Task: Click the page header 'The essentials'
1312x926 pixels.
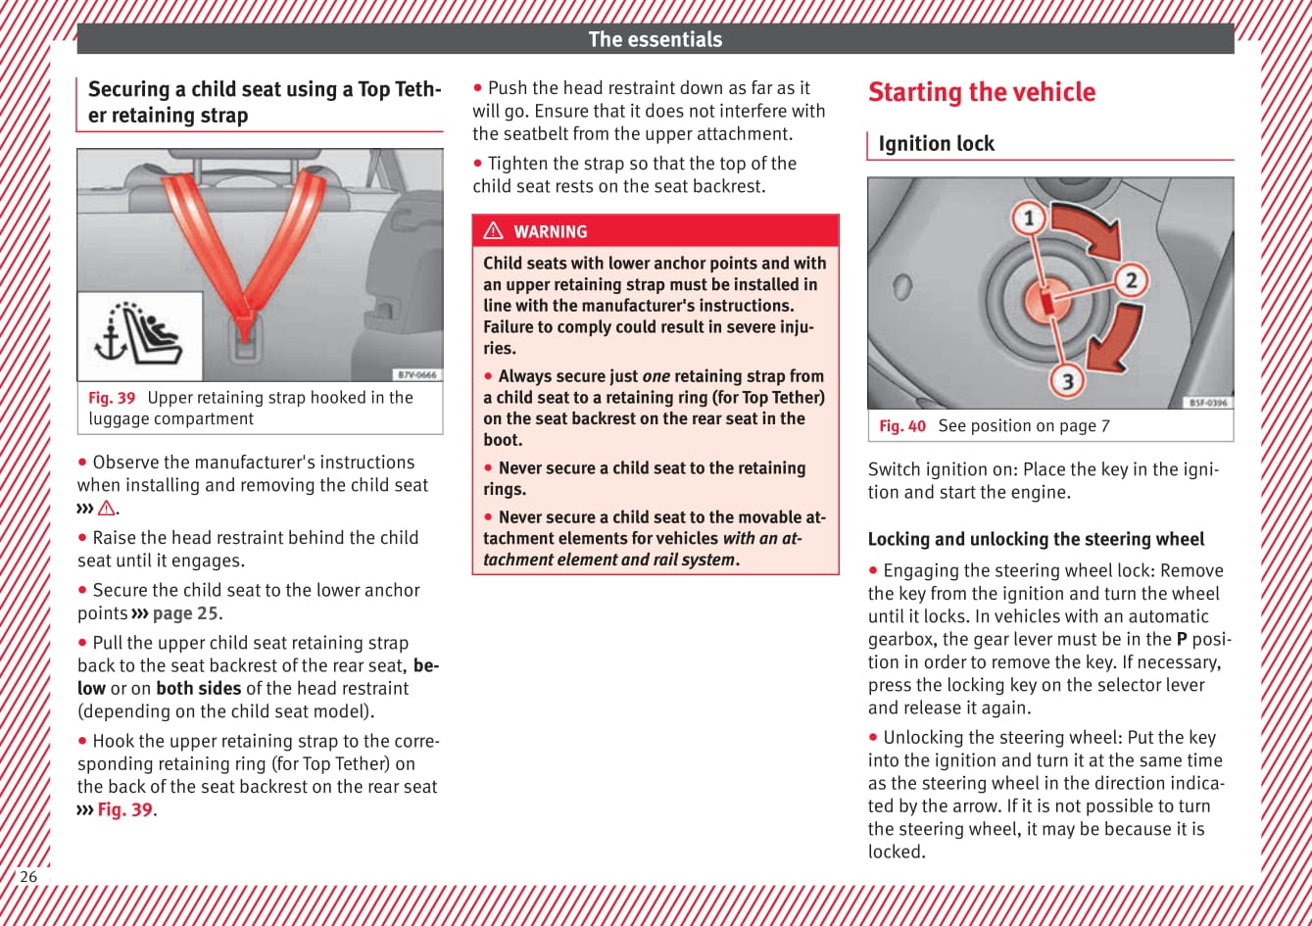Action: pyautogui.click(x=655, y=39)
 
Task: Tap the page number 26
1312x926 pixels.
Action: pyautogui.click(x=28, y=876)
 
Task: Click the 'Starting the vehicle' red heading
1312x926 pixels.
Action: pyautogui.click(x=981, y=92)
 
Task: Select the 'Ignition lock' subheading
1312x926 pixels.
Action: pyautogui.click(x=936, y=144)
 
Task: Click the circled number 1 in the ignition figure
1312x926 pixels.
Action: pyautogui.click(x=1029, y=218)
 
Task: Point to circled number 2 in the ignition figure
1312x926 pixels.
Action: pyautogui.click(x=1131, y=281)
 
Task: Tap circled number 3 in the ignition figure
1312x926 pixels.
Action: pyautogui.click(x=1067, y=380)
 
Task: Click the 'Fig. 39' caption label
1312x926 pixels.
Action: pyautogui.click(x=112, y=398)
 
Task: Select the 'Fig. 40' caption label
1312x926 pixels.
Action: pyautogui.click(x=902, y=426)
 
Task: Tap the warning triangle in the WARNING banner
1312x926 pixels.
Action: pyautogui.click(x=494, y=231)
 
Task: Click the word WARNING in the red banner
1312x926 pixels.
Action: pyautogui.click(x=550, y=232)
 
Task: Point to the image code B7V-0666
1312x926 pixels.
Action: pyautogui.click(x=417, y=375)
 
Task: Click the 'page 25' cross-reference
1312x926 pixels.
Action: pyautogui.click(x=185, y=613)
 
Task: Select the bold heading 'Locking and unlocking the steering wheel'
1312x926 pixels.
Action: pyautogui.click(x=1036, y=539)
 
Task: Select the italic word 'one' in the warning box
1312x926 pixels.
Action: pyautogui.click(x=656, y=376)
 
